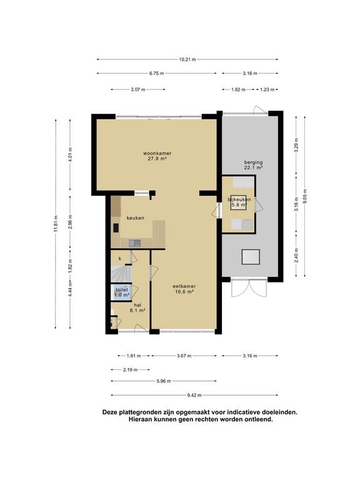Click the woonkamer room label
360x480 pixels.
(157, 156)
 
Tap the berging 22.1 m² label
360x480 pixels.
(254, 165)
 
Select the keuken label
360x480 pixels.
(135, 218)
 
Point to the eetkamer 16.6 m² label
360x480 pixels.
(184, 289)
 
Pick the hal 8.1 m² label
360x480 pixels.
(137, 307)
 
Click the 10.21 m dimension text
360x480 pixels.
(187, 59)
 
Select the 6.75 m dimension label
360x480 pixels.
(157, 74)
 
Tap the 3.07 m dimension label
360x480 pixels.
(137, 90)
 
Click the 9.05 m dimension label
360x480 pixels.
(304, 196)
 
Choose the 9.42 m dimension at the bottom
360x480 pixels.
(194, 395)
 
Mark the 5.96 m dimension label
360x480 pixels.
(164, 381)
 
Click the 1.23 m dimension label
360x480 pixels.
(267, 90)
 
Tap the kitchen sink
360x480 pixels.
(135, 243)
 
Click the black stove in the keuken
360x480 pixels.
(116, 227)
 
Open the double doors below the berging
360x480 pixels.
(249, 288)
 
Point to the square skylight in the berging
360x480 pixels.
(251, 257)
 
